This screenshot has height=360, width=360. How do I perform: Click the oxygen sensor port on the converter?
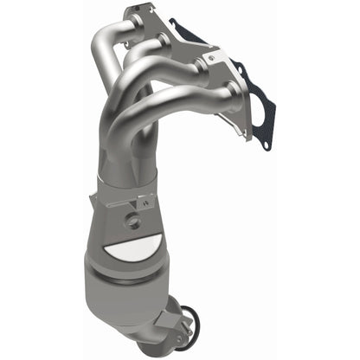[x=132, y=221]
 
